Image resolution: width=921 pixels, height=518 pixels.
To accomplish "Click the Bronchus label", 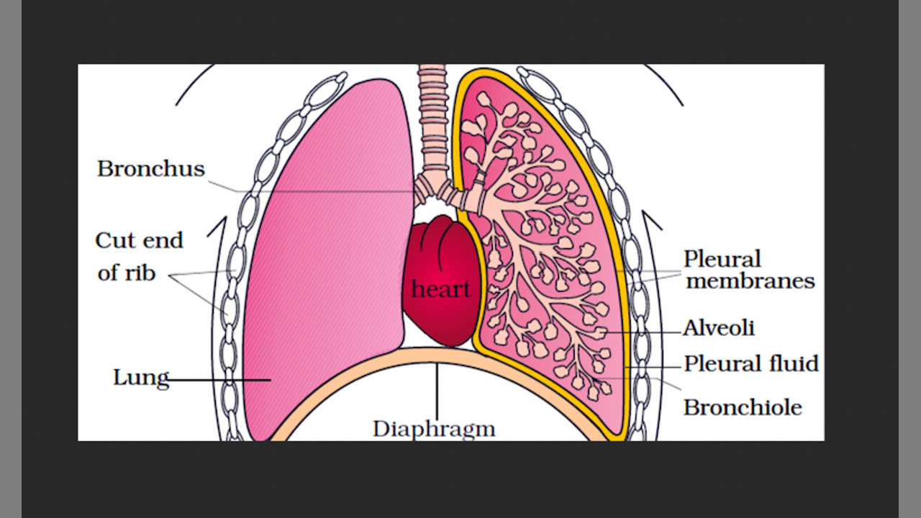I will click(151, 169).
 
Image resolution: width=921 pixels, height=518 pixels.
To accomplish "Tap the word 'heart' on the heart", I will click(440, 289).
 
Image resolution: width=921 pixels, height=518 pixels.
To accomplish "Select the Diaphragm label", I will click(434, 429).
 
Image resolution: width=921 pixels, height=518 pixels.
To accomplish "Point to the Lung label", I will click(141, 378).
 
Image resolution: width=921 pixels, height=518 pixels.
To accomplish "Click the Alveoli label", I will click(719, 328).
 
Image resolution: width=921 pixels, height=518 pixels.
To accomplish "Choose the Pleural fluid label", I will click(751, 364).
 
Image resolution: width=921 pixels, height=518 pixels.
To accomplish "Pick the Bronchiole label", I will click(743, 407).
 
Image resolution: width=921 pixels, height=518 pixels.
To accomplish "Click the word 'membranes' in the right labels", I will click(750, 281).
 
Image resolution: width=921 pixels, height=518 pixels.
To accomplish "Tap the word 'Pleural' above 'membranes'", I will click(722, 259).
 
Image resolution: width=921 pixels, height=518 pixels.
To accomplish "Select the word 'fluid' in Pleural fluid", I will click(794, 364).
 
